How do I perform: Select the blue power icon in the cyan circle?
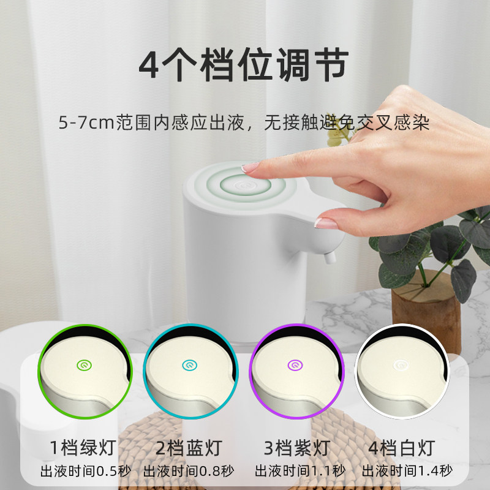point(187,365)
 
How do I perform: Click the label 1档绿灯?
point(84,448)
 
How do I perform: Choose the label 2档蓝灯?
point(189,448)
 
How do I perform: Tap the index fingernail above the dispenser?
point(251,167)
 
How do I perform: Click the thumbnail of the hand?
point(327,224)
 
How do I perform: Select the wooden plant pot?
point(426,309)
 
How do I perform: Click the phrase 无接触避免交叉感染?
point(347,123)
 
